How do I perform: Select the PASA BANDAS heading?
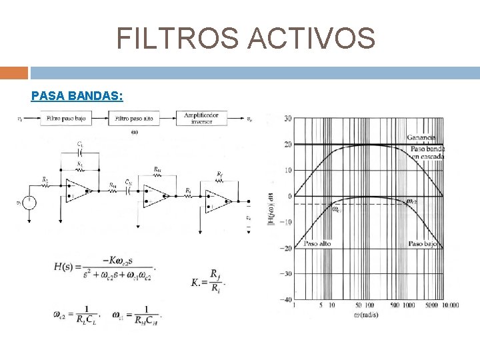tap(77, 96)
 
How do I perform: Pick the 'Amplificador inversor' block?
tap(201, 119)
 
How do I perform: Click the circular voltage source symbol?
tap(29, 202)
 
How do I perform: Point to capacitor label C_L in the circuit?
tap(80, 144)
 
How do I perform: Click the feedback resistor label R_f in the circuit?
tap(219, 175)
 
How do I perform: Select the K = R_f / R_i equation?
tap(209, 281)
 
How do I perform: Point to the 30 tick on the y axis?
tap(287, 119)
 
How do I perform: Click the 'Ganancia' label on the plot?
tap(421, 137)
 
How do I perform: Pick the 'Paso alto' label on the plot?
tap(317, 244)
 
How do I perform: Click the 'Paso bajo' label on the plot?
tap(423, 244)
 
